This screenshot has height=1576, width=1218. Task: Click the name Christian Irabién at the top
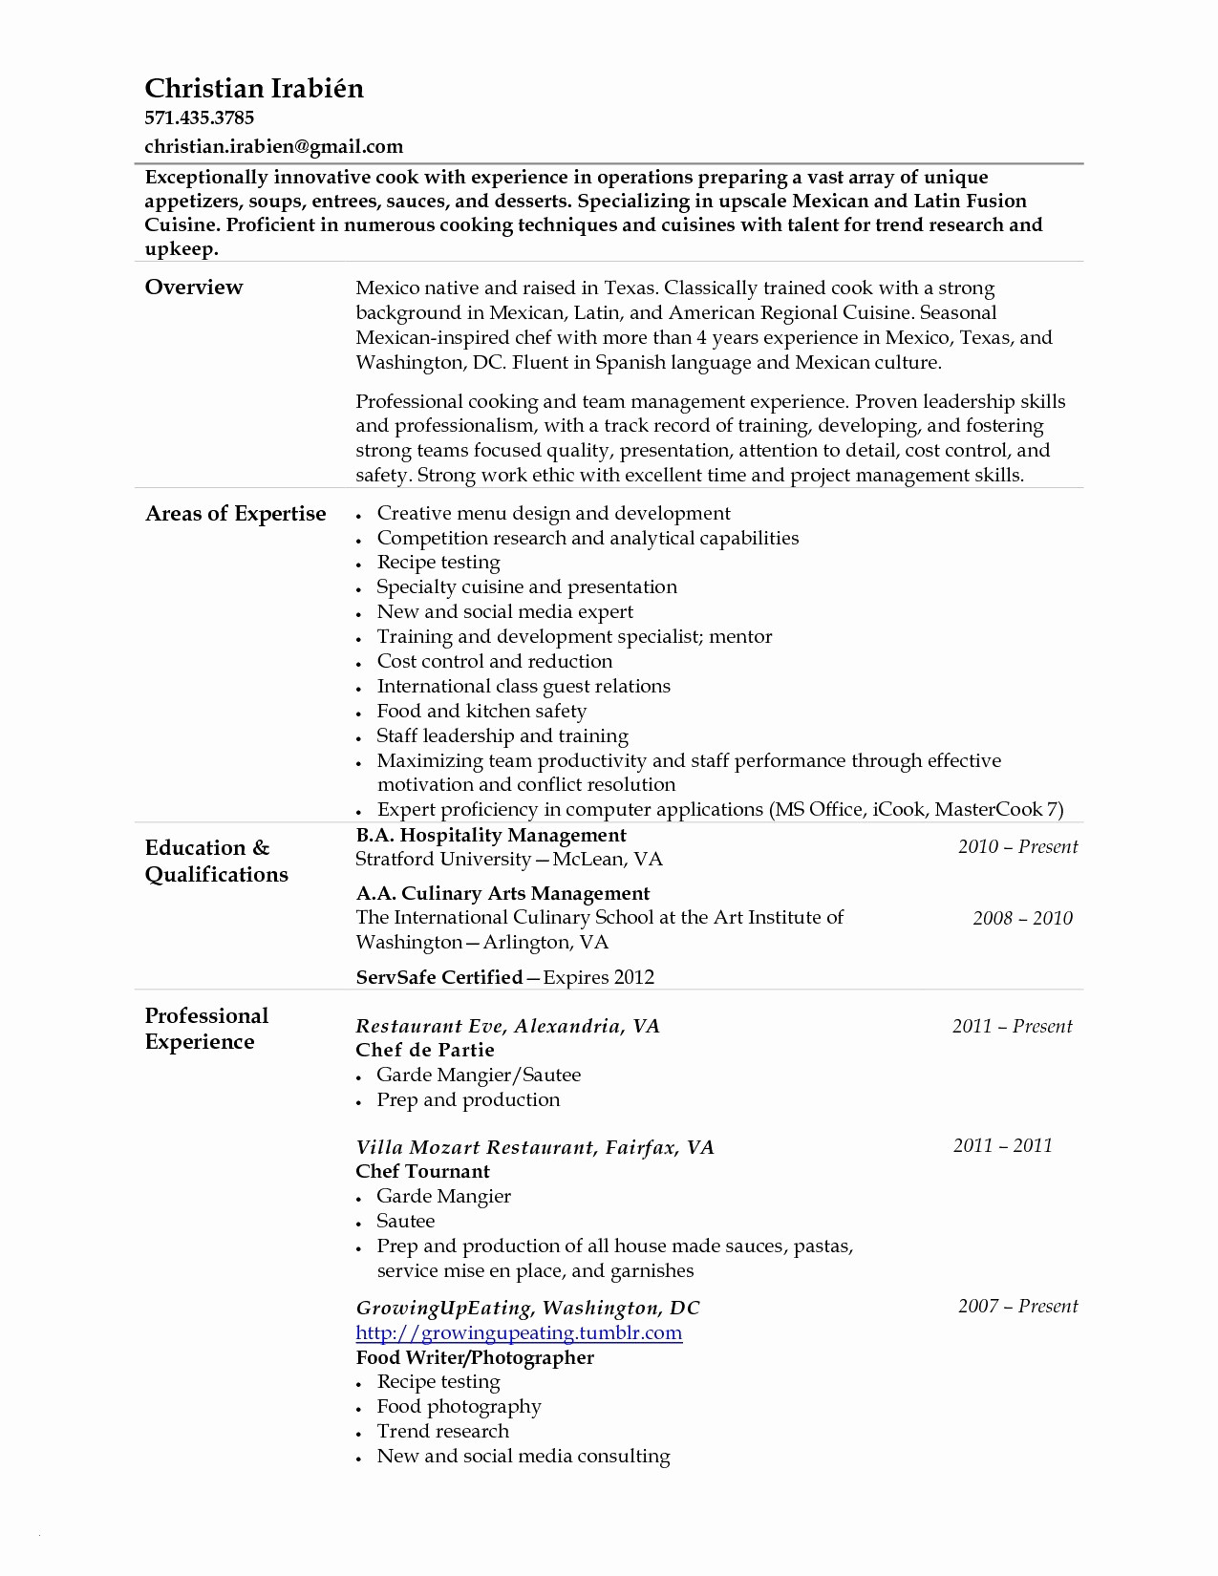click(x=254, y=89)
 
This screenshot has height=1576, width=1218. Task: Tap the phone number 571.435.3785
click(x=199, y=118)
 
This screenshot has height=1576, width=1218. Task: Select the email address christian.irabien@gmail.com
click(x=273, y=147)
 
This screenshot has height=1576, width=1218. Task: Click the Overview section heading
click(x=194, y=288)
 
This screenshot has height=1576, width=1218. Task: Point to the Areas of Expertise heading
click(x=235, y=514)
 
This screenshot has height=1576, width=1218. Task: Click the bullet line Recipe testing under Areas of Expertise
click(x=438, y=563)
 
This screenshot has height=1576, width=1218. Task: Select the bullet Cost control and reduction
click(x=495, y=662)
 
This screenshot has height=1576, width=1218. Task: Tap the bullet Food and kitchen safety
click(x=481, y=712)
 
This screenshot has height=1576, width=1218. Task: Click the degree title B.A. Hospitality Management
click(x=491, y=836)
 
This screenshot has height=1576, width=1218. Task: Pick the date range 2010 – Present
click(x=1017, y=847)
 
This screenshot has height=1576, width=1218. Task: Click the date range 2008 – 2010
click(x=1022, y=919)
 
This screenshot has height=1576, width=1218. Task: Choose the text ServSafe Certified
click(x=439, y=977)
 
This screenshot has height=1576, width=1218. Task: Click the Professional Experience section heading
click(x=206, y=1029)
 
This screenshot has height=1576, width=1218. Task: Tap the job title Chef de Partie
click(x=425, y=1051)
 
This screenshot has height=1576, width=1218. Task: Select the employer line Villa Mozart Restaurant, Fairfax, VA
click(x=535, y=1148)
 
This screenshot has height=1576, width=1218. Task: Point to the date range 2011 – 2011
click(x=1002, y=1146)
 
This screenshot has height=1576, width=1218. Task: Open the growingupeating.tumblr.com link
click(x=519, y=1333)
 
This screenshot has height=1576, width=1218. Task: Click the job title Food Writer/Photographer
click(x=475, y=1358)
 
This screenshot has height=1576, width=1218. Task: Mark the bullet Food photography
click(x=459, y=1407)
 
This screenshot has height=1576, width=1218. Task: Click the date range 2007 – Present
click(x=1017, y=1307)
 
